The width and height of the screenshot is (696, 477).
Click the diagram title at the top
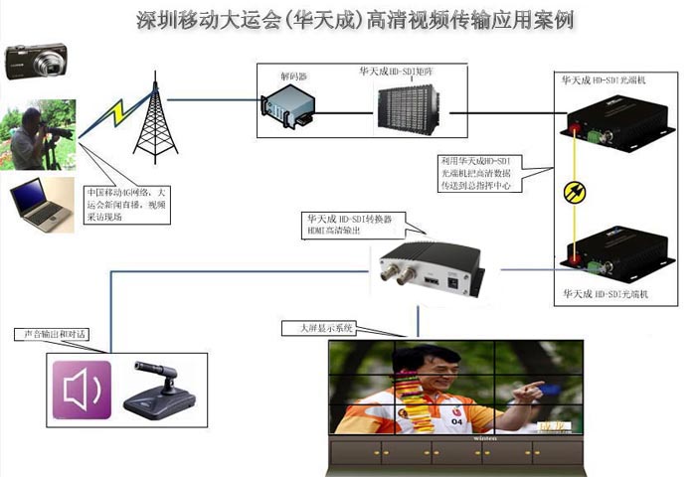(354, 20)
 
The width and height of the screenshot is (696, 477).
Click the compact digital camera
(36, 62)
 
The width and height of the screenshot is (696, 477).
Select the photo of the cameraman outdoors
(41, 135)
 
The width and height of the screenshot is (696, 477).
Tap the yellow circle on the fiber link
(573, 192)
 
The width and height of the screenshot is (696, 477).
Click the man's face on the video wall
(423, 368)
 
